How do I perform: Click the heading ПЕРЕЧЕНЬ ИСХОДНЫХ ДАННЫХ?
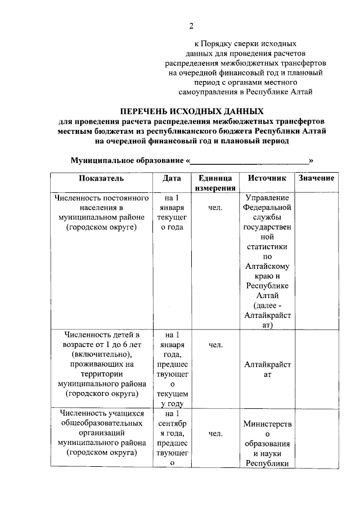[x=191, y=111]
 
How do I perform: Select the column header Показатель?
[x=101, y=178]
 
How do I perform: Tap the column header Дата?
[x=172, y=178]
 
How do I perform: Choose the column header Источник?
[x=267, y=178]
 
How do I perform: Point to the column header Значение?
[x=317, y=178]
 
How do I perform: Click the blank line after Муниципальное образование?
[x=250, y=160]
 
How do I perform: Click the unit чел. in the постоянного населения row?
[x=215, y=208]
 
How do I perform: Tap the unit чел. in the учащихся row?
[x=215, y=434]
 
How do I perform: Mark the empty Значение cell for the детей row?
[x=317, y=369]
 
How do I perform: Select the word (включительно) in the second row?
[x=101, y=354]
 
